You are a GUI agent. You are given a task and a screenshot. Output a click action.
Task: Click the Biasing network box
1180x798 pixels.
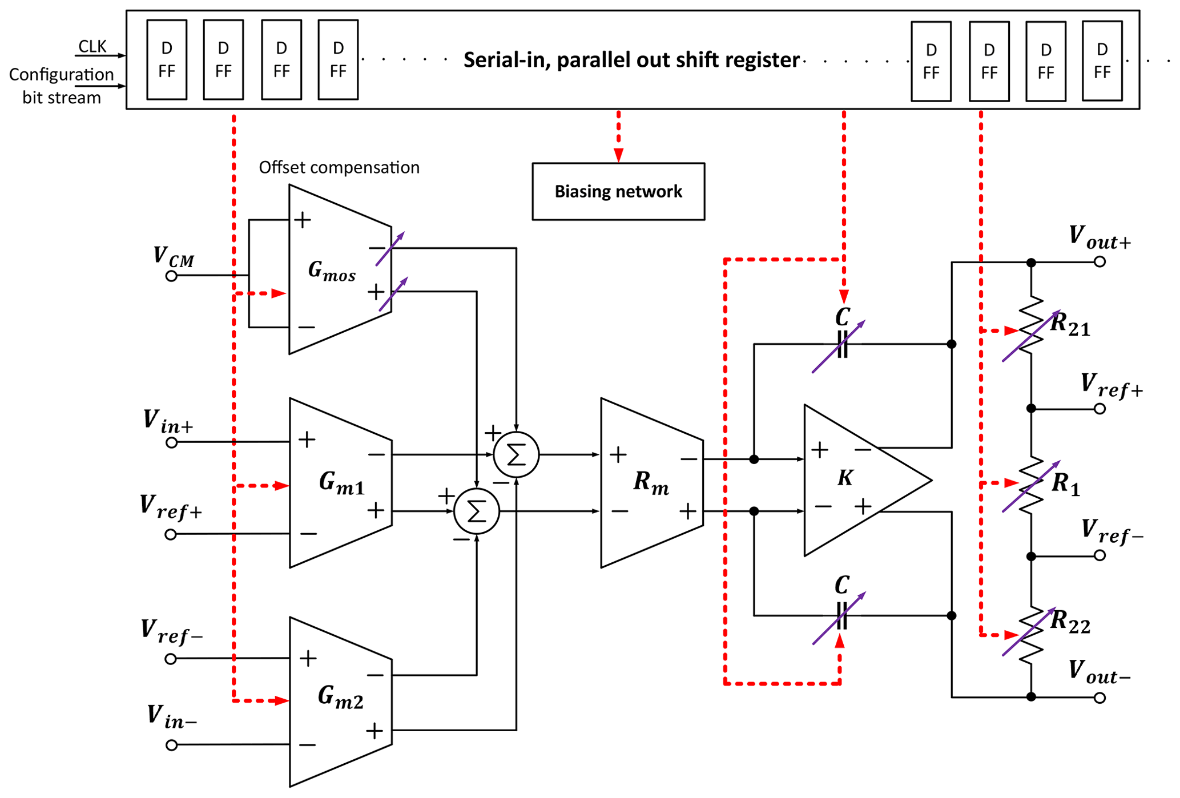click(x=618, y=191)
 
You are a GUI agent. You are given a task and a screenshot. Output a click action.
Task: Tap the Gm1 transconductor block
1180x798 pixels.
click(x=340, y=483)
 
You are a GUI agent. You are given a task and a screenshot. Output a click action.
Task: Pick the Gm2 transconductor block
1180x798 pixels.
click(x=340, y=702)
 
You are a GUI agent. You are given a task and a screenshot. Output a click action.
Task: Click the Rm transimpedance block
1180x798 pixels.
click(x=651, y=483)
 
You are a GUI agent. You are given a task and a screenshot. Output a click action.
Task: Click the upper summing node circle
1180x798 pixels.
click(x=516, y=455)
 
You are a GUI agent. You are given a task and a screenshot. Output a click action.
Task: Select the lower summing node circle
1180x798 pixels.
click(x=477, y=511)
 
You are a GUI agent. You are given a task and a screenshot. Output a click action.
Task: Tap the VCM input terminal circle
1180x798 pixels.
click(x=171, y=276)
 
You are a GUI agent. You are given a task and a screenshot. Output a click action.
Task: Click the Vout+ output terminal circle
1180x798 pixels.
click(x=1100, y=262)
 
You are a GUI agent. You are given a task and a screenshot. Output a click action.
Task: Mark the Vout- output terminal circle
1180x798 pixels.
click(x=1100, y=698)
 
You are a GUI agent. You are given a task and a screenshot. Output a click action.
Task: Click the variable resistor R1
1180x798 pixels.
click(x=1031, y=485)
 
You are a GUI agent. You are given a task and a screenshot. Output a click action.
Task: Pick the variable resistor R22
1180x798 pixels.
click(x=1031, y=634)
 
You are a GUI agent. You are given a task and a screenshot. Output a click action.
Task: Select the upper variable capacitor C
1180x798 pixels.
click(x=842, y=344)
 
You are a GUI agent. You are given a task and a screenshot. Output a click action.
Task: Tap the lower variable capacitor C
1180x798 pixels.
click(x=842, y=616)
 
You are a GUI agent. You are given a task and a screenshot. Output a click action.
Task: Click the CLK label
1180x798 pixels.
click(x=92, y=46)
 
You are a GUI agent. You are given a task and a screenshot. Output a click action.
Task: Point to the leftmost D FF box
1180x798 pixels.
click(x=167, y=60)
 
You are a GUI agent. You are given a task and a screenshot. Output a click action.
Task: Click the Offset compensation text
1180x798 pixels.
click(x=339, y=167)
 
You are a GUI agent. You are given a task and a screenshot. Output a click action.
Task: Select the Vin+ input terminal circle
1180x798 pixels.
click(x=171, y=442)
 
